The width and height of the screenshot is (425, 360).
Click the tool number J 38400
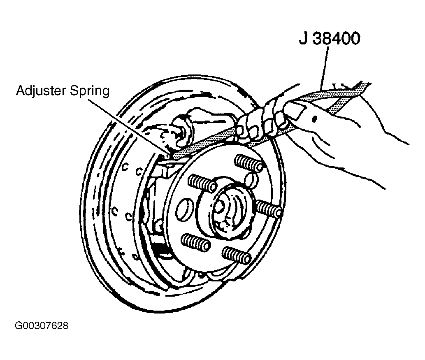pyautogui.click(x=330, y=39)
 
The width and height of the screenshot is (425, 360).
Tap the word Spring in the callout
pyautogui.click(x=90, y=91)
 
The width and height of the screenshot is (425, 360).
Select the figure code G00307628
pyautogui.click(x=42, y=325)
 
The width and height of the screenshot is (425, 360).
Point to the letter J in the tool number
pyautogui.click(x=304, y=39)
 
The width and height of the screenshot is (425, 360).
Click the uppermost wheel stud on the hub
pyautogui.click(x=248, y=163)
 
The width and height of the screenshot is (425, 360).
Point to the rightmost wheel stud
pyautogui.click(x=269, y=208)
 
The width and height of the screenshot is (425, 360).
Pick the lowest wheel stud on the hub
pyautogui.click(x=236, y=255)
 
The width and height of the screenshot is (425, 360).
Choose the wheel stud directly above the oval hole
pyautogui.click(x=202, y=183)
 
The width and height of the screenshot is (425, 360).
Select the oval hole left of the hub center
pyautogui.click(x=184, y=209)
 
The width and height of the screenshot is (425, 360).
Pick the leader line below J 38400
pyautogui.click(x=324, y=68)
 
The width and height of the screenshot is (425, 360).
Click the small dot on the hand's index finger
pyautogui.click(x=314, y=119)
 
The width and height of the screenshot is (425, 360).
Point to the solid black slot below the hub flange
pyautogui.click(x=160, y=250)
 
